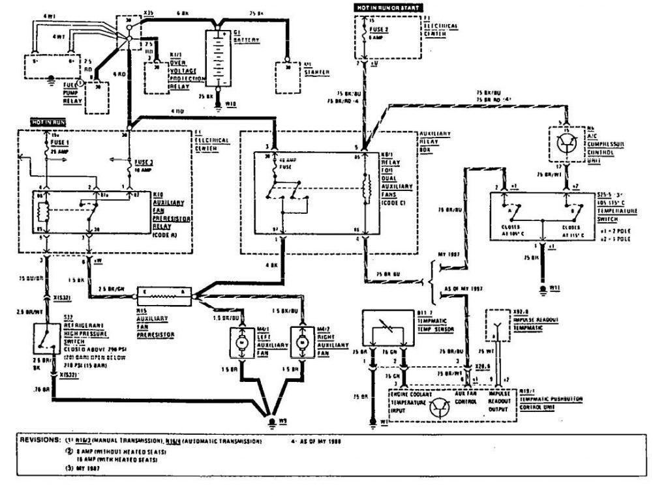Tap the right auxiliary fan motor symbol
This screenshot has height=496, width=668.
click(301, 342)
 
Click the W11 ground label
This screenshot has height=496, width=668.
click(556, 287)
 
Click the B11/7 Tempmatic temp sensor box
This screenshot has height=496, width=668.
click(385, 332)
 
